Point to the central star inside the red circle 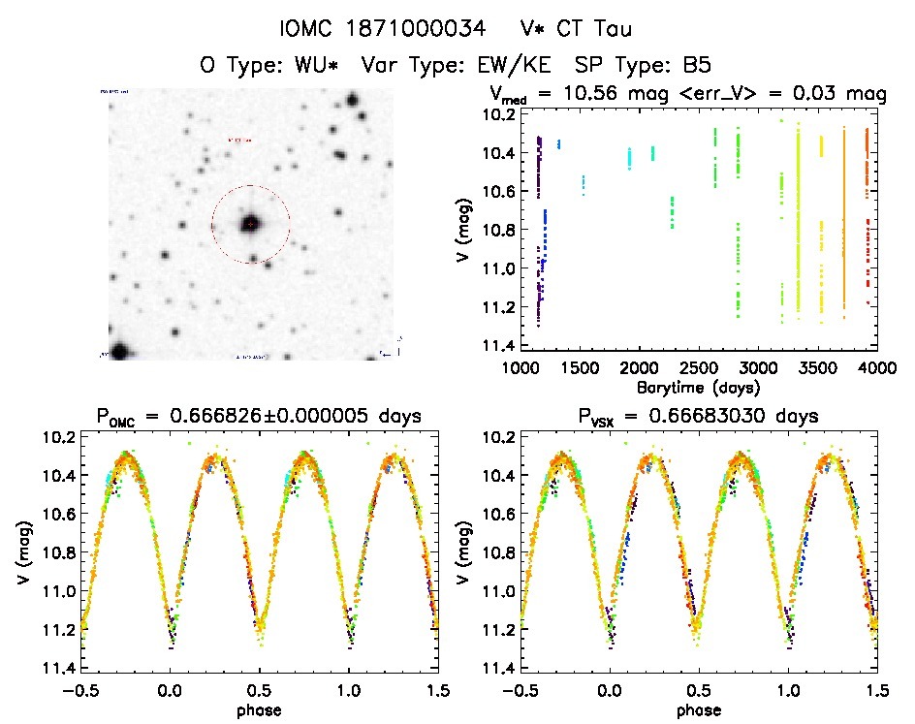pos(250,224)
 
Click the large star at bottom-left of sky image pos(119,351)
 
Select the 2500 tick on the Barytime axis pos(698,369)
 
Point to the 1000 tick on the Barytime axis pos(521,369)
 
